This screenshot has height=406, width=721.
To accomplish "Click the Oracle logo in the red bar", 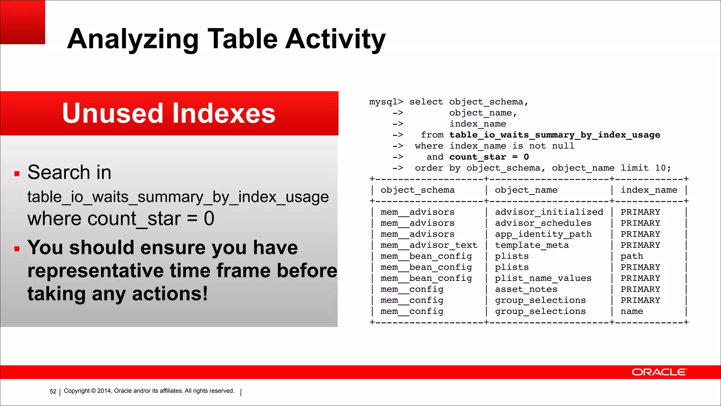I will [659, 372].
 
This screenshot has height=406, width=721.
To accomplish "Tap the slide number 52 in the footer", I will [53, 392].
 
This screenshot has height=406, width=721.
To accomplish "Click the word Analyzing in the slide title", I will [133, 39].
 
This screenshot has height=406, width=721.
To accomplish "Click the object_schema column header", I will [418, 190].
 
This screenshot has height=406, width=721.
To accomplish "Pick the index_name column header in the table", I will [649, 190].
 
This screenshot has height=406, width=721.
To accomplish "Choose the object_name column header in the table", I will [526, 190].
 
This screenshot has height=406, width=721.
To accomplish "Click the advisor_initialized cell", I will [549, 212].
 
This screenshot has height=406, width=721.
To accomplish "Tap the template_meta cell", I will [532, 245].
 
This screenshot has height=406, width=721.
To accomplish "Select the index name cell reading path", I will [632, 256].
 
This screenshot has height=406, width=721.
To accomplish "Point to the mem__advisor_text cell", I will [429, 245].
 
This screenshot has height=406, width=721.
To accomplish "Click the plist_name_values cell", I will [543, 278].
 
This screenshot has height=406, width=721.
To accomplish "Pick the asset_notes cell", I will [526, 289].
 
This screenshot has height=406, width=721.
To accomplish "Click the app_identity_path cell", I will [543, 234].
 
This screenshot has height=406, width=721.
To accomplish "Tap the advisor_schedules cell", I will [543, 223].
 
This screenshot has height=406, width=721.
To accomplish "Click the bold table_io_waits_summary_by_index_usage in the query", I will [554, 135].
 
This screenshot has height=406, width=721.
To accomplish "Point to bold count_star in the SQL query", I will [477, 157].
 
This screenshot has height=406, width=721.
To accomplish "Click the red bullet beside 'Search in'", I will [17, 173].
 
